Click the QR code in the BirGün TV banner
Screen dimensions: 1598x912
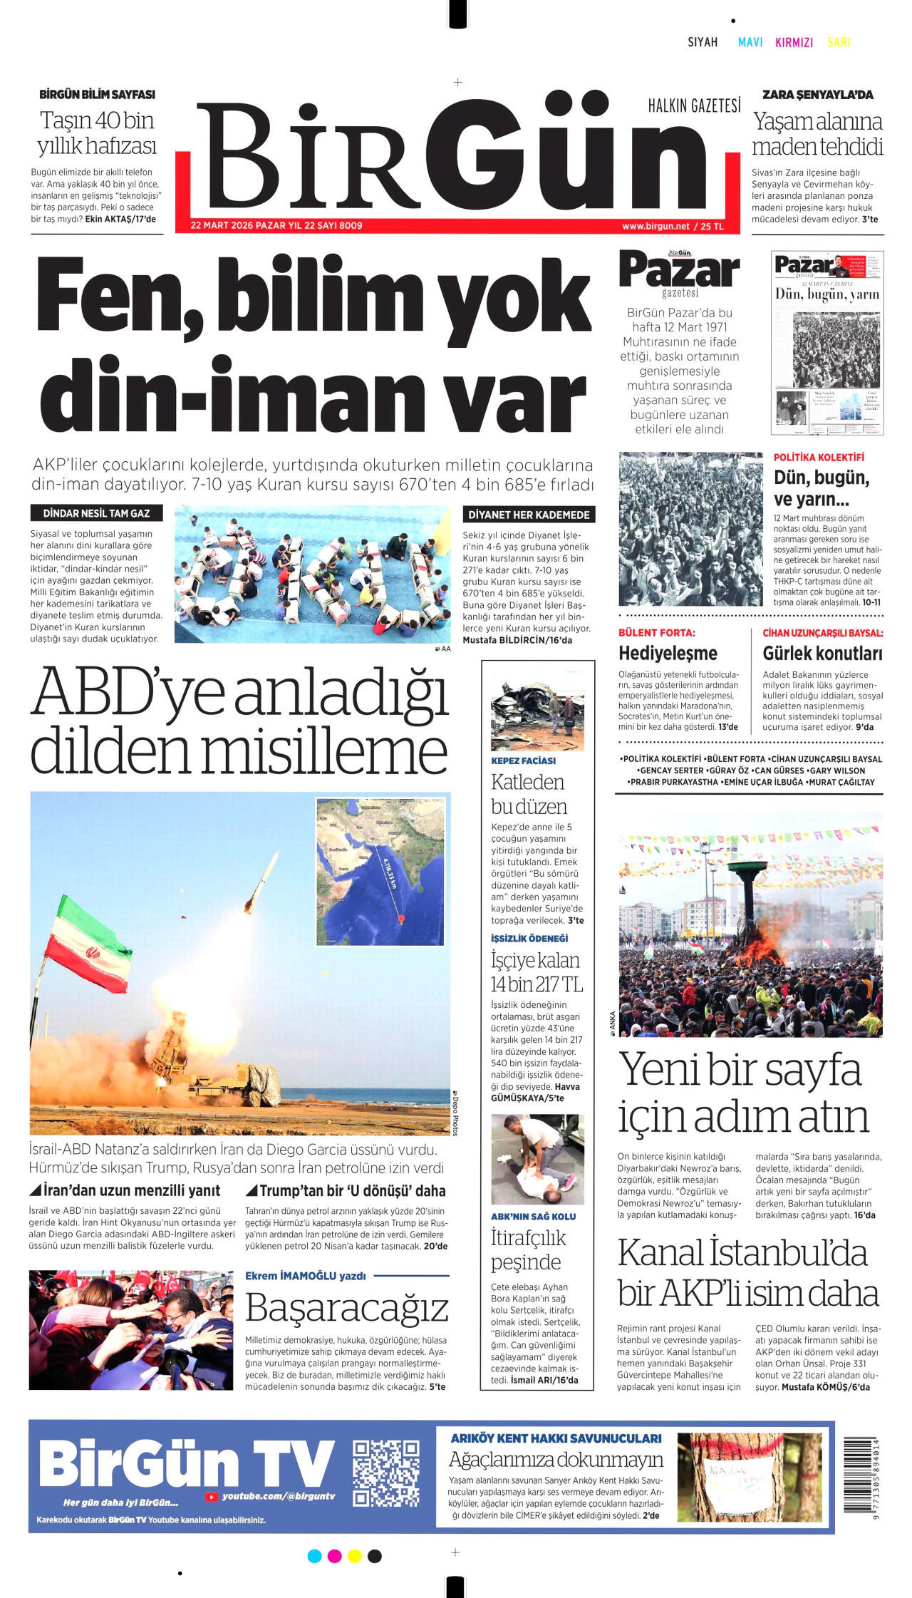(385, 1473)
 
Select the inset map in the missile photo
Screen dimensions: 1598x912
(380, 871)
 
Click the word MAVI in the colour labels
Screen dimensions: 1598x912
(750, 43)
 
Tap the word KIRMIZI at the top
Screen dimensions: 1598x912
(794, 43)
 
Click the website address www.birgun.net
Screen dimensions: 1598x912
(655, 227)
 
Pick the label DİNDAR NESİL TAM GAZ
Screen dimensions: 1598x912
(96, 513)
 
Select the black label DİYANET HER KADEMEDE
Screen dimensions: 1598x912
(529, 515)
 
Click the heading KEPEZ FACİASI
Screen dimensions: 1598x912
(523, 761)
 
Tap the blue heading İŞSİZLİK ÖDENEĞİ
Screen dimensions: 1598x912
(529, 938)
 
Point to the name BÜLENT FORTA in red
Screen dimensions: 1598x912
(656, 633)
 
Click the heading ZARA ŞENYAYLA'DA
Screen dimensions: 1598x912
(817, 95)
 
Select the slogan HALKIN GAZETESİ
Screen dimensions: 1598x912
(694, 106)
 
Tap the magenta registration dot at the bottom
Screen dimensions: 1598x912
(334, 1556)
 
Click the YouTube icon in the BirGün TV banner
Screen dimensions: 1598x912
(211, 1497)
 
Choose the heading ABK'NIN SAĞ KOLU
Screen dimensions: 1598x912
(533, 1217)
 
